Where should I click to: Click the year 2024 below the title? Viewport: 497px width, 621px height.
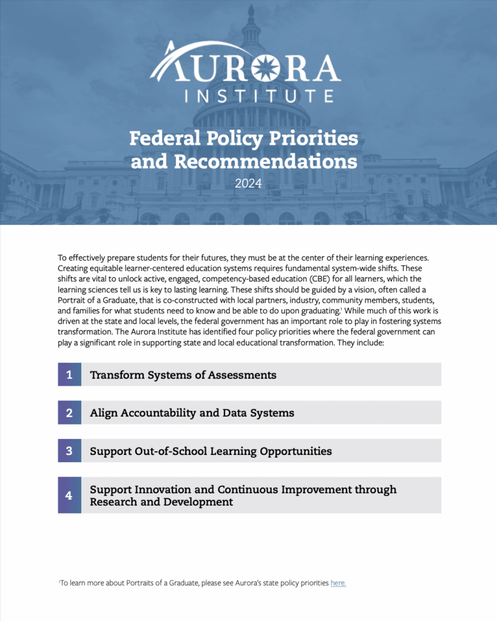click(248, 183)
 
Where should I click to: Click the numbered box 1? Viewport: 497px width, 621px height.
click(69, 375)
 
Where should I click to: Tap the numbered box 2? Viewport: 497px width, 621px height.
click(69, 413)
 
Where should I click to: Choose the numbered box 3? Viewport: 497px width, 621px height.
click(69, 451)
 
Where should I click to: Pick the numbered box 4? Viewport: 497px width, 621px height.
click(69, 495)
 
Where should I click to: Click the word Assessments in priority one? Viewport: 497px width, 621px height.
click(242, 375)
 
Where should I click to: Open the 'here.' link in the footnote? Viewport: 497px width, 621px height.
click(338, 583)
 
